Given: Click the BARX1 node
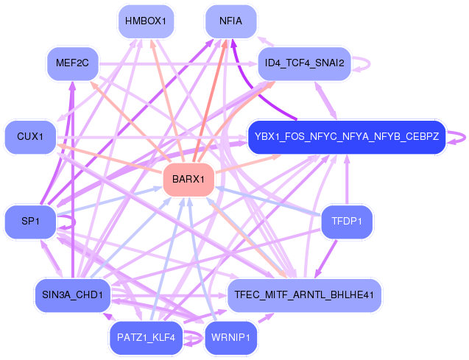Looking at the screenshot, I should click(188, 180).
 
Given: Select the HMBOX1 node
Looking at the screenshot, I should click(146, 21).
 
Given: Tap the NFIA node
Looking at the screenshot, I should click(230, 21).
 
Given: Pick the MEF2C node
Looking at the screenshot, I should click(72, 63).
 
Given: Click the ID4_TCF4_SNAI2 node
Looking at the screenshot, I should click(304, 63).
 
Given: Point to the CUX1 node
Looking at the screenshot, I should click(31, 137).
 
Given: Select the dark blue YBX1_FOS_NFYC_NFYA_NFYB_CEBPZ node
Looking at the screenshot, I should click(346, 137).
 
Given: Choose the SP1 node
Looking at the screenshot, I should click(29, 222).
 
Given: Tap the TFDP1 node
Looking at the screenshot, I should click(347, 221).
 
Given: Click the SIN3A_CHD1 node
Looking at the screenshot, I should click(71, 295).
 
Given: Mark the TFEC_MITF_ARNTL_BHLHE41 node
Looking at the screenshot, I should click(304, 295).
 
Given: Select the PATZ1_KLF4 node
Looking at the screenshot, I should click(145, 338).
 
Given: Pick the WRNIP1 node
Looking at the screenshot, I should click(231, 338).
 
